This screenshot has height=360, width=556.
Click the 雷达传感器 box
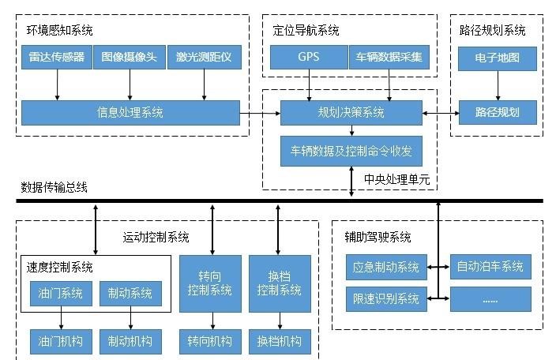click(x=58, y=58)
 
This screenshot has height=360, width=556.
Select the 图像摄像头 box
click(x=129, y=58)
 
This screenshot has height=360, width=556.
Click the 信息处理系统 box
click(x=130, y=113)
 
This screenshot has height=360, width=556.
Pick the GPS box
click(x=309, y=58)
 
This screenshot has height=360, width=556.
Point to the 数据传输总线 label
click(x=54, y=188)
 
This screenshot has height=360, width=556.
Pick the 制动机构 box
click(x=130, y=342)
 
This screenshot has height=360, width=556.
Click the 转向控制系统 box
click(x=210, y=283)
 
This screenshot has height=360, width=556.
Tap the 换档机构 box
click(x=279, y=342)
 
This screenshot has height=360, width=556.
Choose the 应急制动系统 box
click(x=386, y=267)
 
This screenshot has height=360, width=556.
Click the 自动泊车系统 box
click(x=490, y=267)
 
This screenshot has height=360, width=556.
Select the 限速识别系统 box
click(x=386, y=298)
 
